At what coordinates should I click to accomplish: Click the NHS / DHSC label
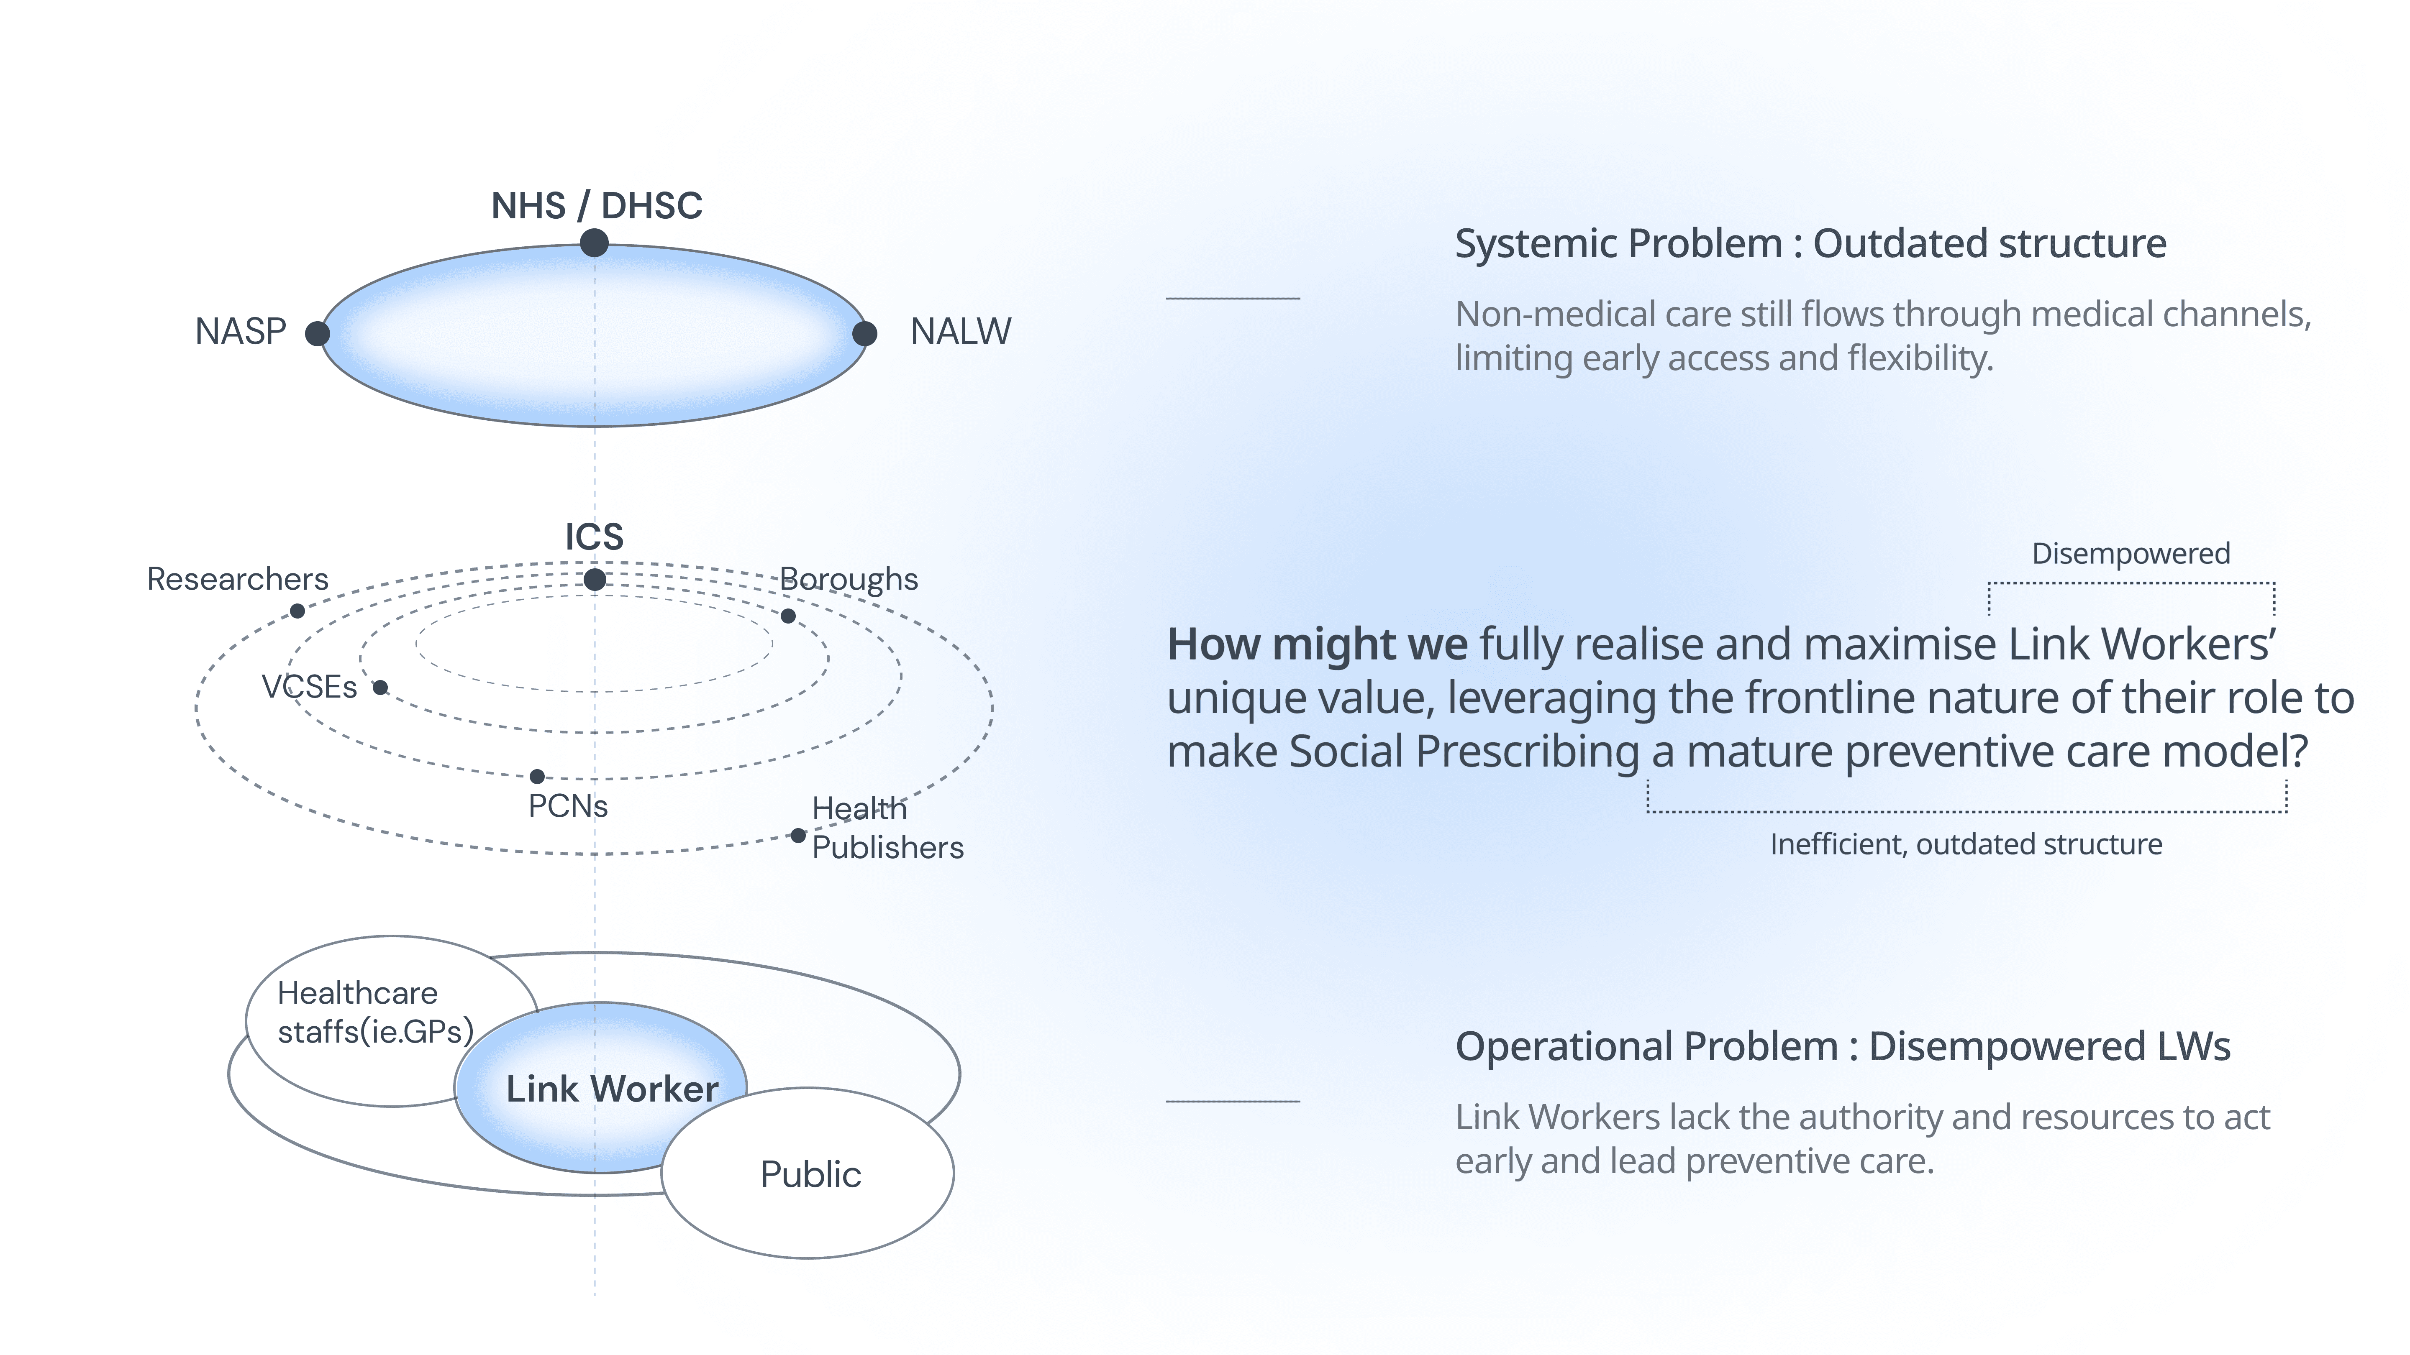pos(596,206)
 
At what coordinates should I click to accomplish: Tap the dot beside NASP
pos(317,334)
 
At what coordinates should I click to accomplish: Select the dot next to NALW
pos(864,334)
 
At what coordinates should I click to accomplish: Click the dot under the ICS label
pos(594,580)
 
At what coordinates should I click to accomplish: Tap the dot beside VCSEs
pos(380,688)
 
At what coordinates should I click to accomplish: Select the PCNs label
pos(568,806)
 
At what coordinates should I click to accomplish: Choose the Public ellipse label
pos(810,1174)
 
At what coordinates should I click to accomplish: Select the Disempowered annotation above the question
pos(2130,554)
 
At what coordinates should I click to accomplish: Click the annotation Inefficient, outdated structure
pos(1966,844)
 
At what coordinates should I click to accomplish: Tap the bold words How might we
pos(1317,644)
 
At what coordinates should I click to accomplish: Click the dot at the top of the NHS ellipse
pos(594,243)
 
